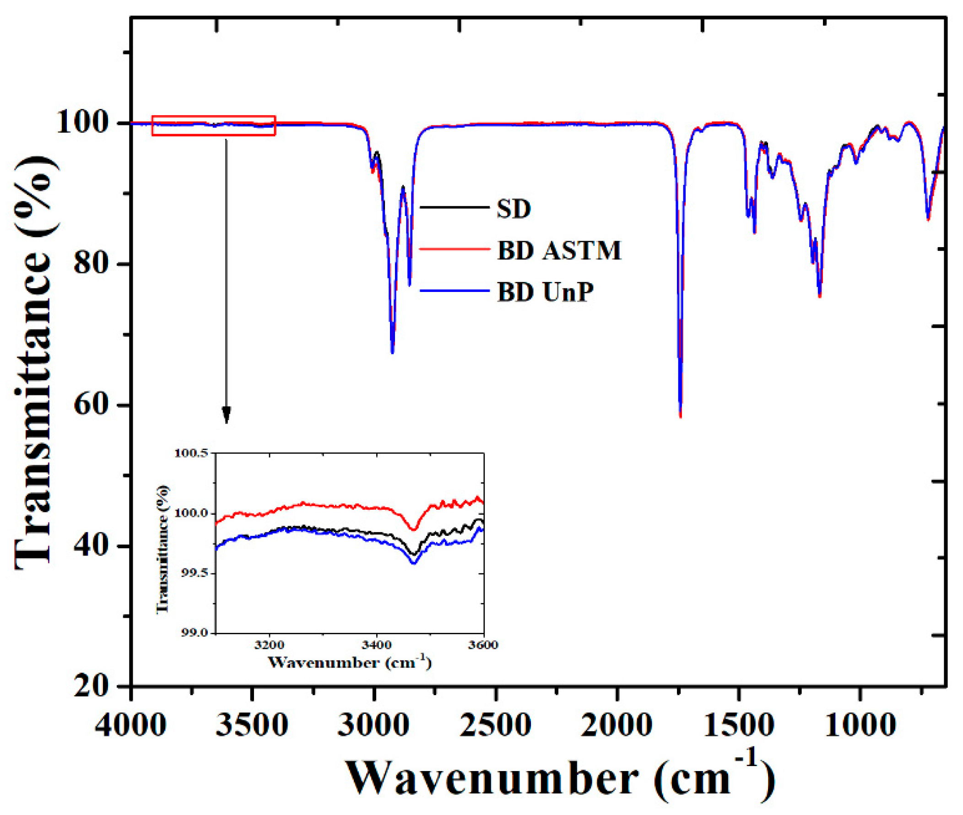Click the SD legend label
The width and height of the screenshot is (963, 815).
514,209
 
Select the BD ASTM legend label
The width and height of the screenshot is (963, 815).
559,251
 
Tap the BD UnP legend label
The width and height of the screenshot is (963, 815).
545,292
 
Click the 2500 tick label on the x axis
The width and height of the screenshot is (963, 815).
495,724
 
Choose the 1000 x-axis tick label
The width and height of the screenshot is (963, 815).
860,724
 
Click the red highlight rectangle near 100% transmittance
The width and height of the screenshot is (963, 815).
213,125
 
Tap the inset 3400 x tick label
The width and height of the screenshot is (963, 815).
377,644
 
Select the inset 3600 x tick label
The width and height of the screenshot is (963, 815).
483,644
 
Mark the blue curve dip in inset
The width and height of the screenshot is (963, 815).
414,563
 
